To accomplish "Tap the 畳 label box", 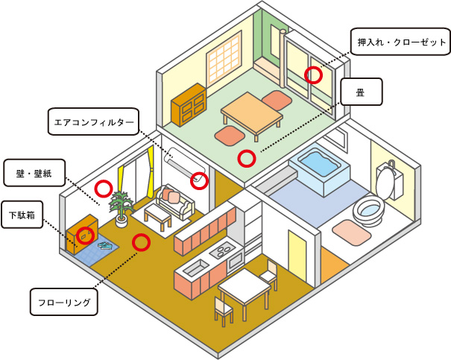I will click(361, 93).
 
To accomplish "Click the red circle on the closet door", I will click(313, 75).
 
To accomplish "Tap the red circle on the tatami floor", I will click(245, 158).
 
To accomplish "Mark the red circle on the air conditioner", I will click(198, 180).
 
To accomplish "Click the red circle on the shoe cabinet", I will click(86, 234).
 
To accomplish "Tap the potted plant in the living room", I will click(119, 206).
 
